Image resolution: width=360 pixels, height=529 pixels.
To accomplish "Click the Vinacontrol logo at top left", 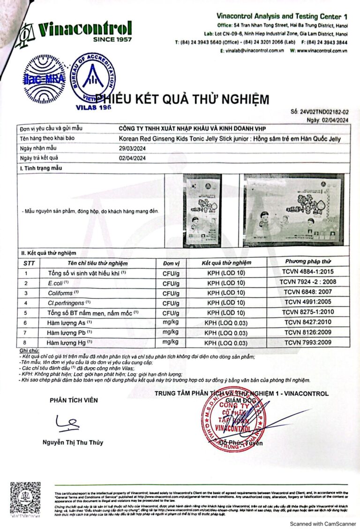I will pyautogui.click(x=73, y=32).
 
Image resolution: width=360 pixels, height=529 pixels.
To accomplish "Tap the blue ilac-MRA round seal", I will pyautogui.click(x=45, y=78).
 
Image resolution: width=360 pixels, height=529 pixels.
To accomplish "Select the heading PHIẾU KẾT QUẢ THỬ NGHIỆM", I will pyautogui.click(x=182, y=99).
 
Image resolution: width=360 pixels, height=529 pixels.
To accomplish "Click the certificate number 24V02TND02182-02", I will pyautogui.click(x=323, y=113).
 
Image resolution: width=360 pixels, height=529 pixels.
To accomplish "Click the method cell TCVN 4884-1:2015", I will pyautogui.click(x=308, y=272).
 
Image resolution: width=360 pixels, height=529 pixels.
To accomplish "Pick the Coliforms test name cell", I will pyautogui.click(x=61, y=293).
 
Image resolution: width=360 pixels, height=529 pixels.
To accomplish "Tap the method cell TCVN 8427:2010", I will pyautogui.click(x=308, y=322).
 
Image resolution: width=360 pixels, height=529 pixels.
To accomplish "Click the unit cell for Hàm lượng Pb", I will pyautogui.click(x=171, y=332).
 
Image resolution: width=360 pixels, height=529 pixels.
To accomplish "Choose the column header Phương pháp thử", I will pyautogui.click(x=308, y=261).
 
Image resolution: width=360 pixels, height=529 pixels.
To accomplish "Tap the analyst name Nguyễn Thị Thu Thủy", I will pyautogui.click(x=73, y=442).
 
